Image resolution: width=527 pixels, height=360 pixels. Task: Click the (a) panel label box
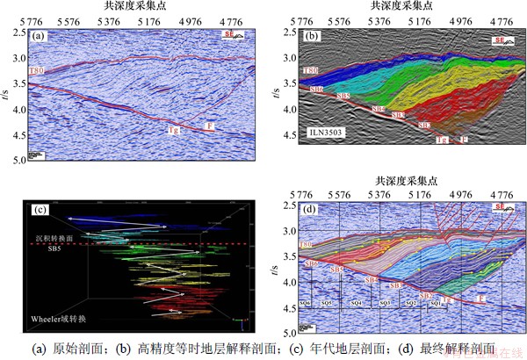tap(38, 37)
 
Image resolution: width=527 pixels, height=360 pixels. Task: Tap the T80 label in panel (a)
tap(37, 69)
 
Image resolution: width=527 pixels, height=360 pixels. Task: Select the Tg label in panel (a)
tap(175, 130)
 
